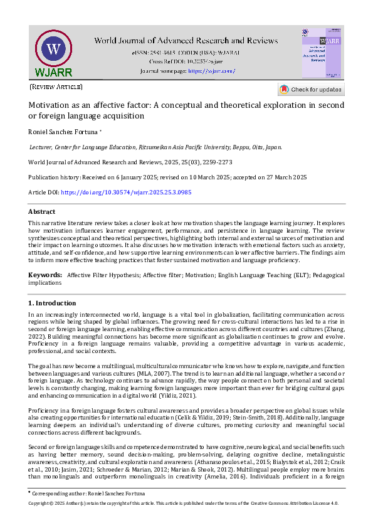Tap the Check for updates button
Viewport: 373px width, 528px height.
click(x=310, y=90)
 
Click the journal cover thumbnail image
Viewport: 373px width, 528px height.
click(x=322, y=53)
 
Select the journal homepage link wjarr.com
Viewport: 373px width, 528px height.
click(x=211, y=71)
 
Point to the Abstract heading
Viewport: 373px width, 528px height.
click(x=42, y=212)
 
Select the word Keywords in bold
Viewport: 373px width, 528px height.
click(x=45, y=275)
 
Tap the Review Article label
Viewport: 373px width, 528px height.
click(x=56, y=87)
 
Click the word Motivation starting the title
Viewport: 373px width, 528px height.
click(x=51, y=105)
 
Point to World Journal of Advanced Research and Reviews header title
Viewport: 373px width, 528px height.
click(x=186, y=41)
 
